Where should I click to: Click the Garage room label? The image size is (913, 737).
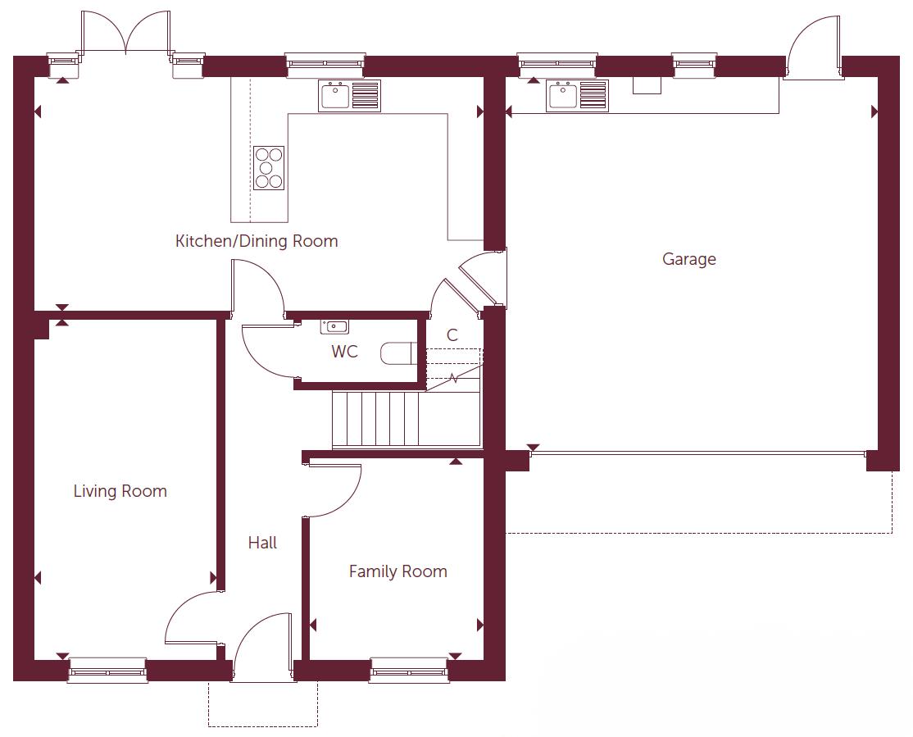tap(688, 259)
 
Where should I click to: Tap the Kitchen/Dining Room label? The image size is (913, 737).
tap(257, 241)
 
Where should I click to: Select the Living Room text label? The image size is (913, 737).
tap(120, 491)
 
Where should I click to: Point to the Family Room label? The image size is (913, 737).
tap(397, 571)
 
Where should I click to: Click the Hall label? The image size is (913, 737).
tap(262, 543)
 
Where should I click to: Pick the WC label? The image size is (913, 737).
tap(344, 352)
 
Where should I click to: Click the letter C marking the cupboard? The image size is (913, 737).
tap(452, 335)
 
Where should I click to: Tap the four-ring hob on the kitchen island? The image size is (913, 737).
tap(269, 167)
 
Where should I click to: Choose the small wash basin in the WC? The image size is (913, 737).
tap(334, 326)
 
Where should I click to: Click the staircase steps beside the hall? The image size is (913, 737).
tap(377, 419)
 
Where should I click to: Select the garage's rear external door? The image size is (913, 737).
tap(813, 49)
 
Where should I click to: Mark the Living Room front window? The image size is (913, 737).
tap(107, 671)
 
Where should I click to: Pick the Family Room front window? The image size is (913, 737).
tap(409, 671)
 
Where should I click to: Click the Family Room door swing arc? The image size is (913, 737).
tap(340, 492)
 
